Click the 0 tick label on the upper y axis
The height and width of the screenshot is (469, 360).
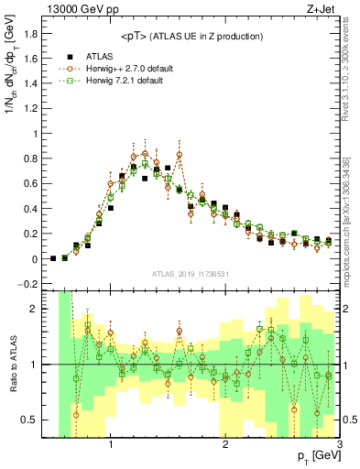pos(37,259)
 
